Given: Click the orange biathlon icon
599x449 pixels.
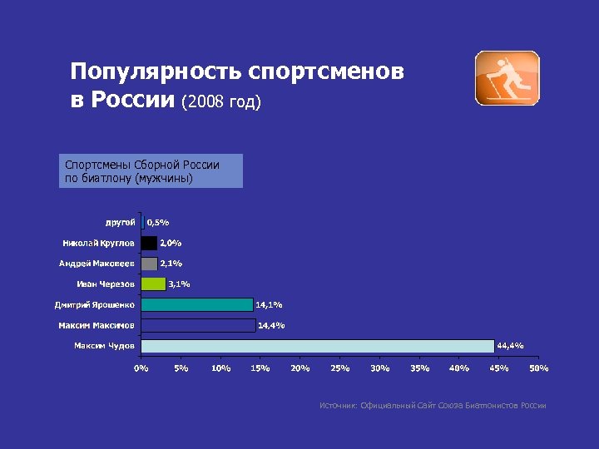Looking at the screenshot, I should [x=507, y=78].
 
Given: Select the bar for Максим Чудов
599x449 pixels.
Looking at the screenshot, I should [x=317, y=346].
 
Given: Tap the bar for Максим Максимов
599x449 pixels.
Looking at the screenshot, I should [x=198, y=325].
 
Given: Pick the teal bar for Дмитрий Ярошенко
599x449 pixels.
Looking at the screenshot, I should [x=196, y=304].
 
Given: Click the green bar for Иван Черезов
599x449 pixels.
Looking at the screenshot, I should [x=153, y=284].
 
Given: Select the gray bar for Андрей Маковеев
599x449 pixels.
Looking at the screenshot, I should [x=149, y=264].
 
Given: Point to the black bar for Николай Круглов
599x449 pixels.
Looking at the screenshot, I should [x=149, y=243].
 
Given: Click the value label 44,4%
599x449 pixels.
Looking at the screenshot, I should [x=510, y=345].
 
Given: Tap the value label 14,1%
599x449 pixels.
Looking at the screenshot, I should [x=269, y=304].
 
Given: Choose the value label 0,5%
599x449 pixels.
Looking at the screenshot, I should [x=158, y=222].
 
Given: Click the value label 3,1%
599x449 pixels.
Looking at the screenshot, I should [x=179, y=284].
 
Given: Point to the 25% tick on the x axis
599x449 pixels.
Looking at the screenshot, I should [x=339, y=368].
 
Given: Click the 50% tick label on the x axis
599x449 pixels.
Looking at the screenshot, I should [x=539, y=368].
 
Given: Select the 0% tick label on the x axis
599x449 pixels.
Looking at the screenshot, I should [x=142, y=368].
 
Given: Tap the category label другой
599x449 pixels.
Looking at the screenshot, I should [x=121, y=222].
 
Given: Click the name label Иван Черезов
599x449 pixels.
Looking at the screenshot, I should [x=111, y=284].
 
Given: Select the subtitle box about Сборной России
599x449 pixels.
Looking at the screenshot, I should [x=151, y=171].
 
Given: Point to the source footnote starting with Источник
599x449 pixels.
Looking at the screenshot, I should [x=433, y=406].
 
